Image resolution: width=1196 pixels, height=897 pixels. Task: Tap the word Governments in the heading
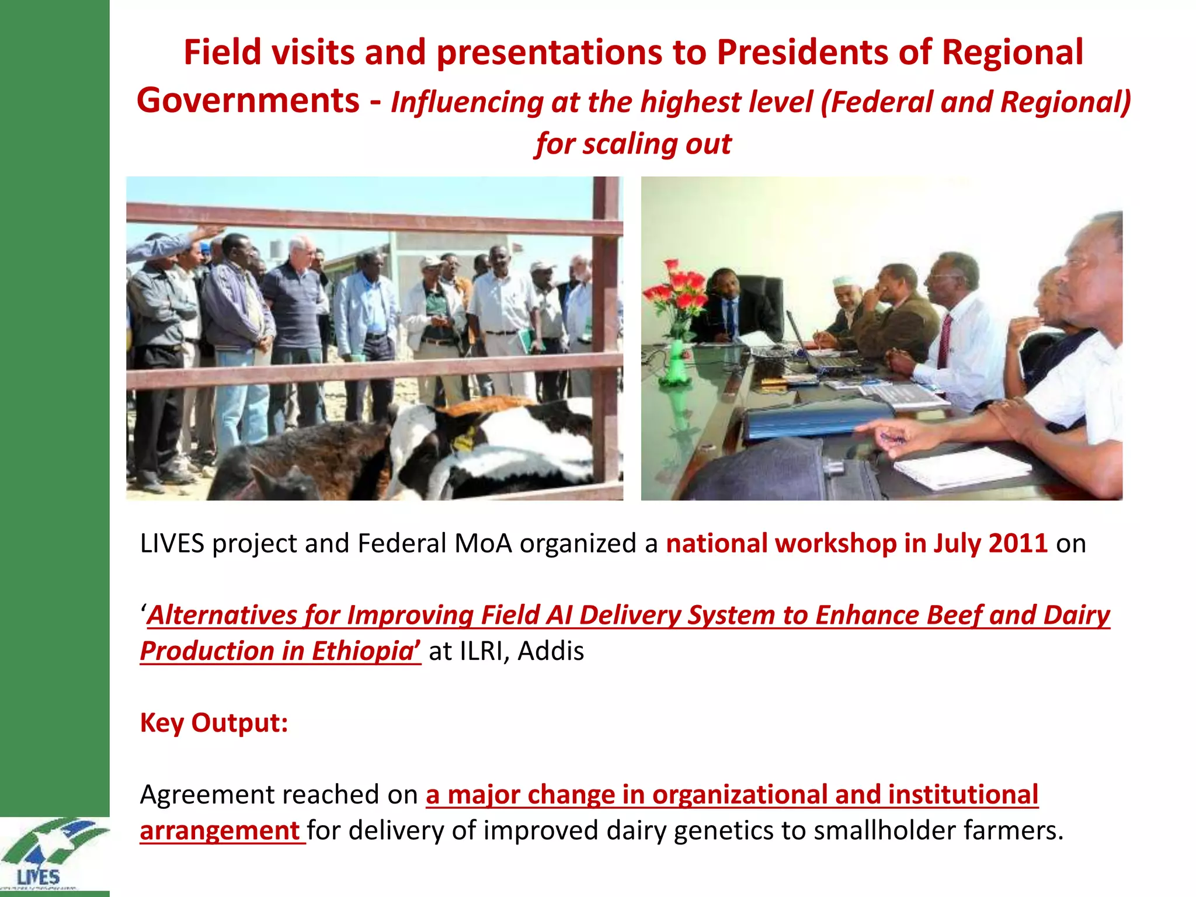(x=248, y=100)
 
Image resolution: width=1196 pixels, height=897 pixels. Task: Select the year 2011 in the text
(x=1018, y=544)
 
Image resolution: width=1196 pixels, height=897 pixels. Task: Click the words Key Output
(x=214, y=723)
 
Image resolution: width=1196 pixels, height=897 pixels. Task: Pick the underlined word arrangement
(x=220, y=831)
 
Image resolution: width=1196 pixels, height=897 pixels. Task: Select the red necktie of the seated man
(x=944, y=342)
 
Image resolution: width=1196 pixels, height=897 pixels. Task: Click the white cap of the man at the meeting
(x=844, y=280)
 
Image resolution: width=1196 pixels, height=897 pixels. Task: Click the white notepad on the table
(x=961, y=467)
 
